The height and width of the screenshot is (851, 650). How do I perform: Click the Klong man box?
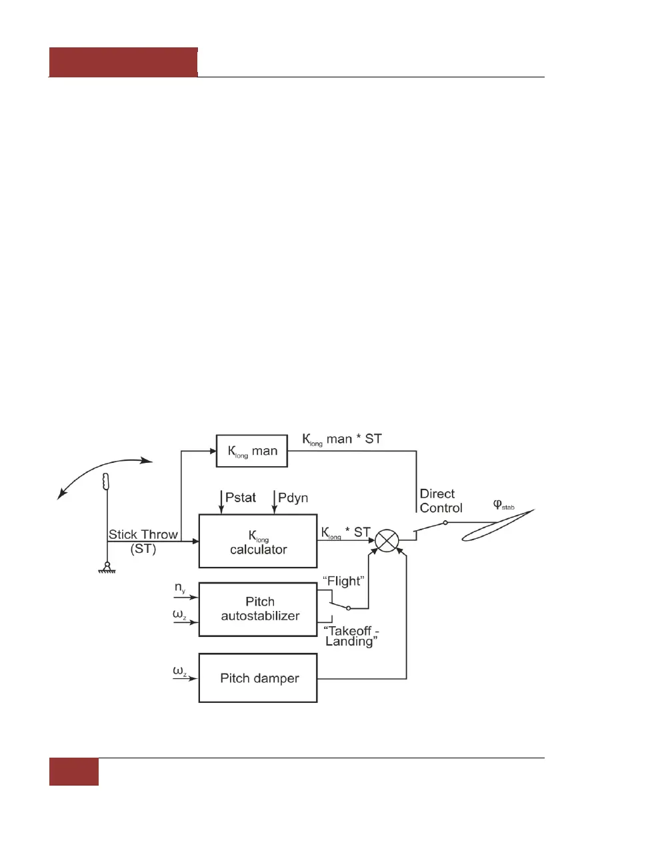click(x=252, y=452)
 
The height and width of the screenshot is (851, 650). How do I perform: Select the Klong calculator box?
click(x=258, y=542)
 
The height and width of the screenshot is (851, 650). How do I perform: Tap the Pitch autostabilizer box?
click(x=258, y=610)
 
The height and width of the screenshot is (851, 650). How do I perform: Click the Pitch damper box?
click(x=258, y=678)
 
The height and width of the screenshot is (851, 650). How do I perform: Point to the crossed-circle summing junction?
click(x=387, y=540)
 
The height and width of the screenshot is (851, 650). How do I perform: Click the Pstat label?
click(x=240, y=498)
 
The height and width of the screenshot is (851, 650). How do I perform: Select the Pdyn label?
click(x=293, y=498)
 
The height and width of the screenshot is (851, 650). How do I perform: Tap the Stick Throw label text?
click(x=143, y=535)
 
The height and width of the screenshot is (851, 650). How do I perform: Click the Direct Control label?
click(x=440, y=501)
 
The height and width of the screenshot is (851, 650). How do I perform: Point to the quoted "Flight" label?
click(x=343, y=582)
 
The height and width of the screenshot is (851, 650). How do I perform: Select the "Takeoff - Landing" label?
click(x=351, y=636)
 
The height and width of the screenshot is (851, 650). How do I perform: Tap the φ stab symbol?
click(x=503, y=505)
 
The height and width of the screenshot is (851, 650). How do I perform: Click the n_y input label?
click(x=180, y=588)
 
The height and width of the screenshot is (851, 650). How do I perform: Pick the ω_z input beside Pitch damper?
click(x=179, y=671)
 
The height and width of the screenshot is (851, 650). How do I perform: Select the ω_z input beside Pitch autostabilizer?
click(x=179, y=614)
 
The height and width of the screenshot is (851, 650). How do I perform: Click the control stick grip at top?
click(x=105, y=480)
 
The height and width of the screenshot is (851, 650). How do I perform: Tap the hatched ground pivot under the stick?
click(x=106, y=570)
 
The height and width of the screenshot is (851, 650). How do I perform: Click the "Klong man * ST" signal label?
click(x=342, y=439)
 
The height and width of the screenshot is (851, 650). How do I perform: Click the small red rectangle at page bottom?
click(x=74, y=772)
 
